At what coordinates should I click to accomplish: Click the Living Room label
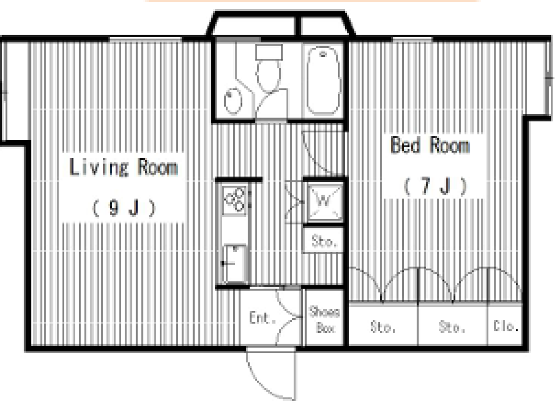(123, 167)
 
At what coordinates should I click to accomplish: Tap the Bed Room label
(430, 145)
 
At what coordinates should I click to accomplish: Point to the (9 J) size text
(124, 208)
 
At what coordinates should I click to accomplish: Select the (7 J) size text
(435, 186)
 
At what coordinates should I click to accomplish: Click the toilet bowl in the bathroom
(268, 75)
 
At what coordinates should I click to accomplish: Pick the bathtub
(324, 80)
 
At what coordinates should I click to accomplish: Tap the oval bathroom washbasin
(233, 101)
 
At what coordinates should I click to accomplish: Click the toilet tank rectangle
(269, 52)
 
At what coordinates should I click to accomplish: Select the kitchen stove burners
(234, 200)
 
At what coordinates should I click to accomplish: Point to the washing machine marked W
(325, 202)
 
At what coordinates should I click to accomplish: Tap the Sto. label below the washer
(324, 241)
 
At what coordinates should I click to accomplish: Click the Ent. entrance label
(262, 318)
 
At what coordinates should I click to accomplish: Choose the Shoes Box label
(325, 320)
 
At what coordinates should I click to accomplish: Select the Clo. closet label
(506, 326)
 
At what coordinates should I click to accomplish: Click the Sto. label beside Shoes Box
(383, 327)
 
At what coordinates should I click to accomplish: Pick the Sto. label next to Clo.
(452, 327)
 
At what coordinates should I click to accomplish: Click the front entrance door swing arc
(260, 383)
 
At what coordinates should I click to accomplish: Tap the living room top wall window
(146, 39)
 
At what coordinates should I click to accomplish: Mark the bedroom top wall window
(413, 39)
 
